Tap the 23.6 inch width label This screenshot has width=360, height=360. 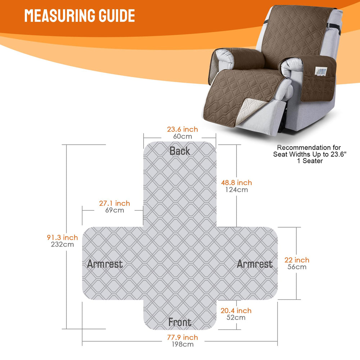click(182, 129)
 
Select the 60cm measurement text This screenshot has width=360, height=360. click(183, 136)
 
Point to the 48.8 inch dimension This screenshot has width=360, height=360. click(237, 183)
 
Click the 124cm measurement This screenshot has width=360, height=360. click(237, 190)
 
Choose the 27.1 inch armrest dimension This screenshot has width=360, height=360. click(114, 203)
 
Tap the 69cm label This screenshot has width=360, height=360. click(114, 210)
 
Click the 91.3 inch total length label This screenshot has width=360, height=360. click(62, 237)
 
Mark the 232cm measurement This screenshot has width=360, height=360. click(62, 244)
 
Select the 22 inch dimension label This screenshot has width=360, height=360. click(297, 260)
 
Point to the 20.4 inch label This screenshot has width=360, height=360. click(236, 311)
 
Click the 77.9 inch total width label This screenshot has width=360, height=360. click(183, 337)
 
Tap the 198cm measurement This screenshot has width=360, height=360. click(183, 344)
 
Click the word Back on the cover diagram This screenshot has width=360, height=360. click(180, 151)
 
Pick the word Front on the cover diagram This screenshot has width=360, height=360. click(180, 322)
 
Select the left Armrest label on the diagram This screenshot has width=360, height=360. click(105, 264)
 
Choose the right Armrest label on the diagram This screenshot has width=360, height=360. click(255, 264)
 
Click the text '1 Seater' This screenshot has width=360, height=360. click(310, 161)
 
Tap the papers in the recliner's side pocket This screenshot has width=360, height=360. click(320, 71)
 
